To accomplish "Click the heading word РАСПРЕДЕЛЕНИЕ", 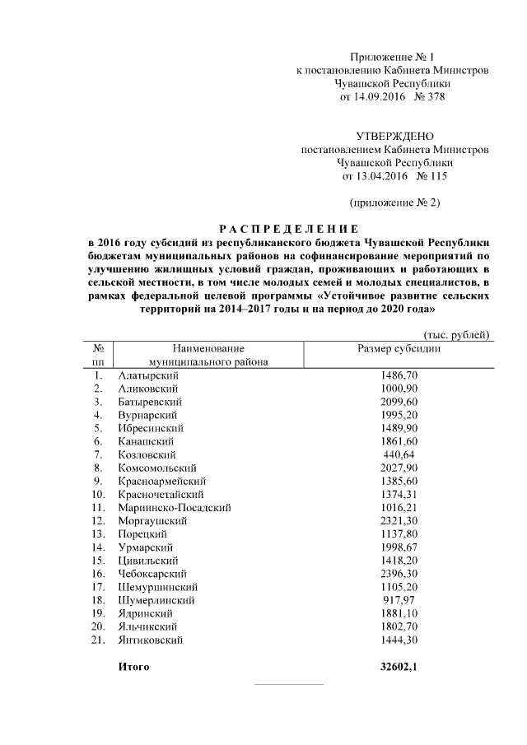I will (288, 228).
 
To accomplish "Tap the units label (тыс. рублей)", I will (457, 334).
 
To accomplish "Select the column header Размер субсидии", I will (399, 348).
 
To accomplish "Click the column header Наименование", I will (203, 348).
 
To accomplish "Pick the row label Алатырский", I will (149, 375).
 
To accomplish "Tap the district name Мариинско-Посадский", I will (175, 507).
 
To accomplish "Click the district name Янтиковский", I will (152, 640).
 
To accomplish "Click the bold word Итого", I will (133, 667).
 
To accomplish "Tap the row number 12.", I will (98, 520).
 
